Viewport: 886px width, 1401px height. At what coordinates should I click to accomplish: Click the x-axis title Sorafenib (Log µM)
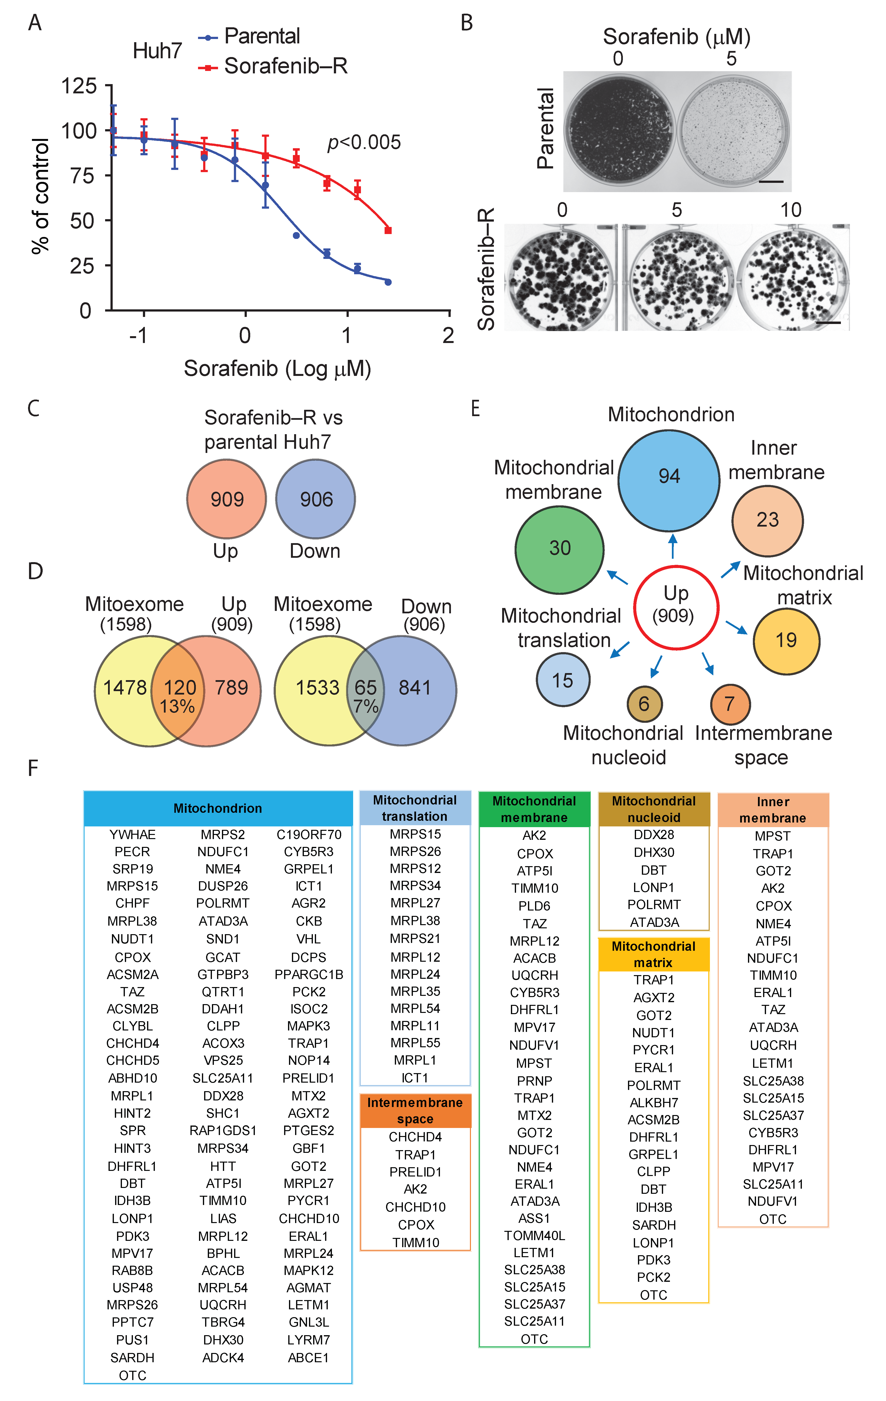[x=277, y=368]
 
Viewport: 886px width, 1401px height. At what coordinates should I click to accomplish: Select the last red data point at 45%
[x=388, y=230]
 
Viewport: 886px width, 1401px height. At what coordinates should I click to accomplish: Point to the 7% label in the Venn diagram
[x=366, y=706]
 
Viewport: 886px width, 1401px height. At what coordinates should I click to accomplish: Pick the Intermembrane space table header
[x=415, y=1111]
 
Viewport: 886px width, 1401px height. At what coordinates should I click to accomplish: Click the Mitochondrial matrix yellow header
[x=654, y=954]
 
